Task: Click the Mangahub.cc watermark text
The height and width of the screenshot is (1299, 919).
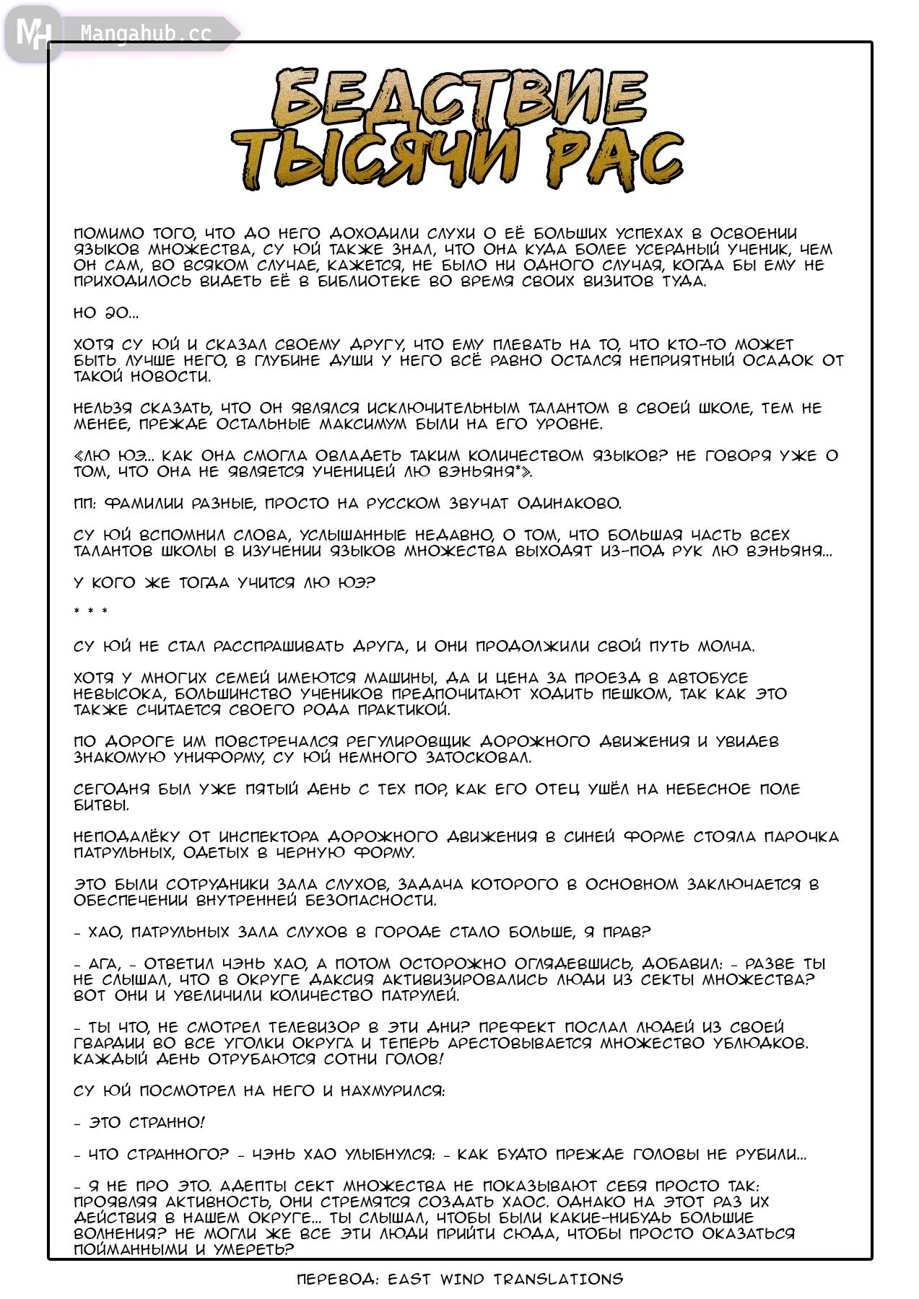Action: (x=145, y=33)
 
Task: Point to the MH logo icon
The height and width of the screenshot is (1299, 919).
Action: (x=32, y=33)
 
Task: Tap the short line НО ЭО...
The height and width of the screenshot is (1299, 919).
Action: (x=105, y=313)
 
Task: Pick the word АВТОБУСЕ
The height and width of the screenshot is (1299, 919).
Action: (x=707, y=678)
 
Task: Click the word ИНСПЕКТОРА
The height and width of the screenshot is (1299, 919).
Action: (x=269, y=837)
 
